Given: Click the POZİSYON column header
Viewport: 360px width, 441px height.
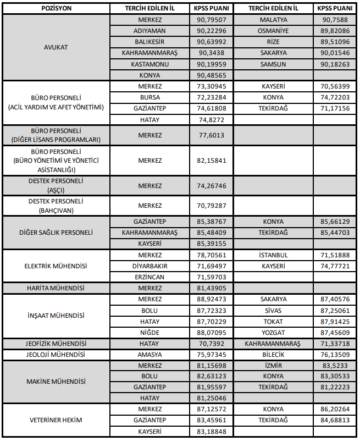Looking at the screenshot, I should (x=56, y=9).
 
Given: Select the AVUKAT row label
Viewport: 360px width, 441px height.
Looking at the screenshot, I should (x=56, y=47).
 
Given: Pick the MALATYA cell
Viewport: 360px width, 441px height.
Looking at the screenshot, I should (x=273, y=20).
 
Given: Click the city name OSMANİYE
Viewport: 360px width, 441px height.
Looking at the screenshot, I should (x=273, y=31).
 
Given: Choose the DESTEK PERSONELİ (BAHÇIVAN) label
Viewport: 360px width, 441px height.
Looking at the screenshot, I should (x=56, y=206).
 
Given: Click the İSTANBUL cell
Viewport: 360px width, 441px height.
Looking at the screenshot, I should (x=273, y=255).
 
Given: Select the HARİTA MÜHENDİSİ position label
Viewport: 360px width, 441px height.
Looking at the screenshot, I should (x=56, y=288).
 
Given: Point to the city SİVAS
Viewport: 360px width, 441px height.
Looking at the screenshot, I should (x=273, y=310).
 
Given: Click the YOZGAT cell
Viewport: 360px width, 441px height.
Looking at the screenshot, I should (x=273, y=332).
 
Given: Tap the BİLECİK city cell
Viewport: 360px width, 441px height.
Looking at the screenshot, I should (x=273, y=355).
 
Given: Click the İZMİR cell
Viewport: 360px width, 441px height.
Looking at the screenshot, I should (x=273, y=366).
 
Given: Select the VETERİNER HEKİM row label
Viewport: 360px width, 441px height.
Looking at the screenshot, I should (x=56, y=421).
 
